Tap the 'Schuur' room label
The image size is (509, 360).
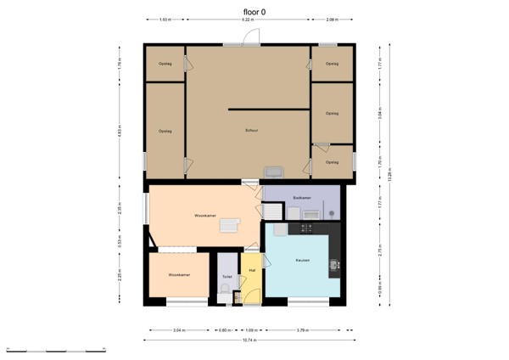(x=251, y=130)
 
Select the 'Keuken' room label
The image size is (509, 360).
(x=302, y=260)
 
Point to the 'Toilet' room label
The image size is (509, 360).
(x=227, y=277)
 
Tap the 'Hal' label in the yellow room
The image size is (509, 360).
(x=252, y=271)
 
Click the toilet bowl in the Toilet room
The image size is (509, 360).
(x=222, y=290)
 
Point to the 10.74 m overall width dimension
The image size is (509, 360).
(x=249, y=340)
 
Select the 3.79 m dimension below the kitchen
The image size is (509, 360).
(x=303, y=329)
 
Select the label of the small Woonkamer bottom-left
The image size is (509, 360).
(x=178, y=275)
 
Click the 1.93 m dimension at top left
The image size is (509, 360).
(x=165, y=19)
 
